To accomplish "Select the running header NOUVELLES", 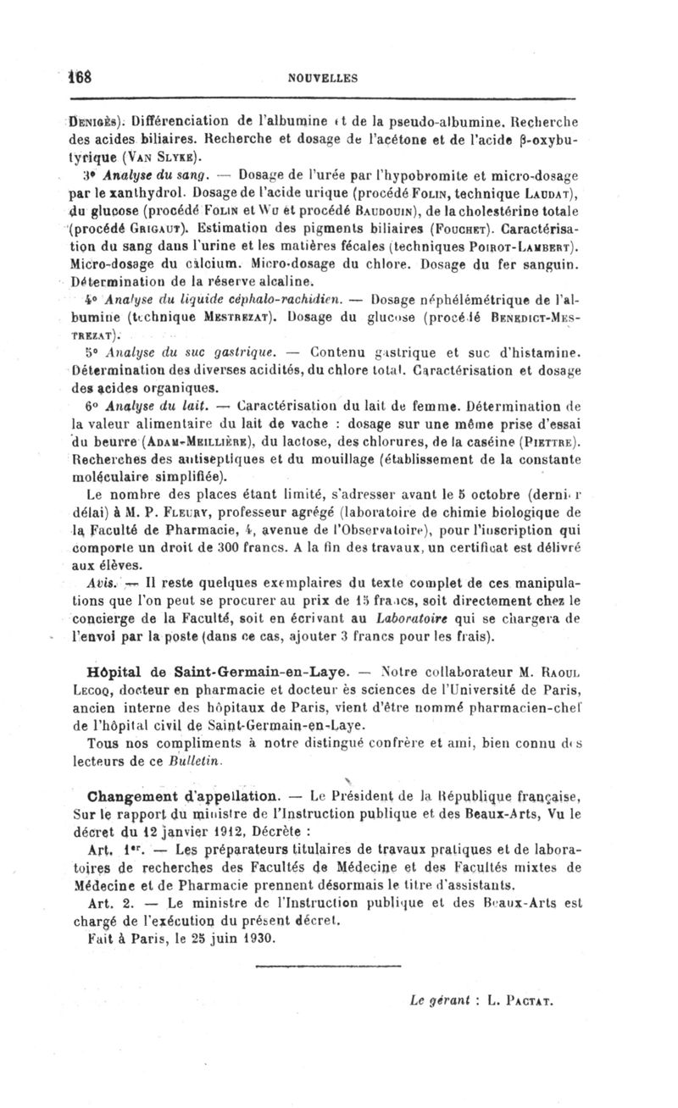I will [x=323, y=78].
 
